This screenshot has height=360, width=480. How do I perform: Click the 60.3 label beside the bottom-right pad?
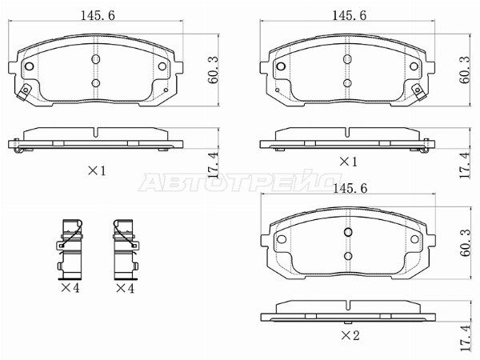pyautogui.click(x=467, y=243)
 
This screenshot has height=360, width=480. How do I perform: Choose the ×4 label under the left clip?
pyautogui.click(x=71, y=287)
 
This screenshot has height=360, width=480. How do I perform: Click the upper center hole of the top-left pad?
pyautogui.click(x=95, y=59)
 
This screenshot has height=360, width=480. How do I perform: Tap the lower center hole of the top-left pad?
pyautogui.click(x=95, y=82)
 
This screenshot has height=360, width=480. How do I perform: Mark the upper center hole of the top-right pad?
pyautogui.click(x=347, y=59)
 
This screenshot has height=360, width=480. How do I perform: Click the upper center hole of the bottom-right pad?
pyautogui.click(x=347, y=232)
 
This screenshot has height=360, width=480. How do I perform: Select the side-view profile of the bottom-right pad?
pyautogui.click(x=347, y=310)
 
